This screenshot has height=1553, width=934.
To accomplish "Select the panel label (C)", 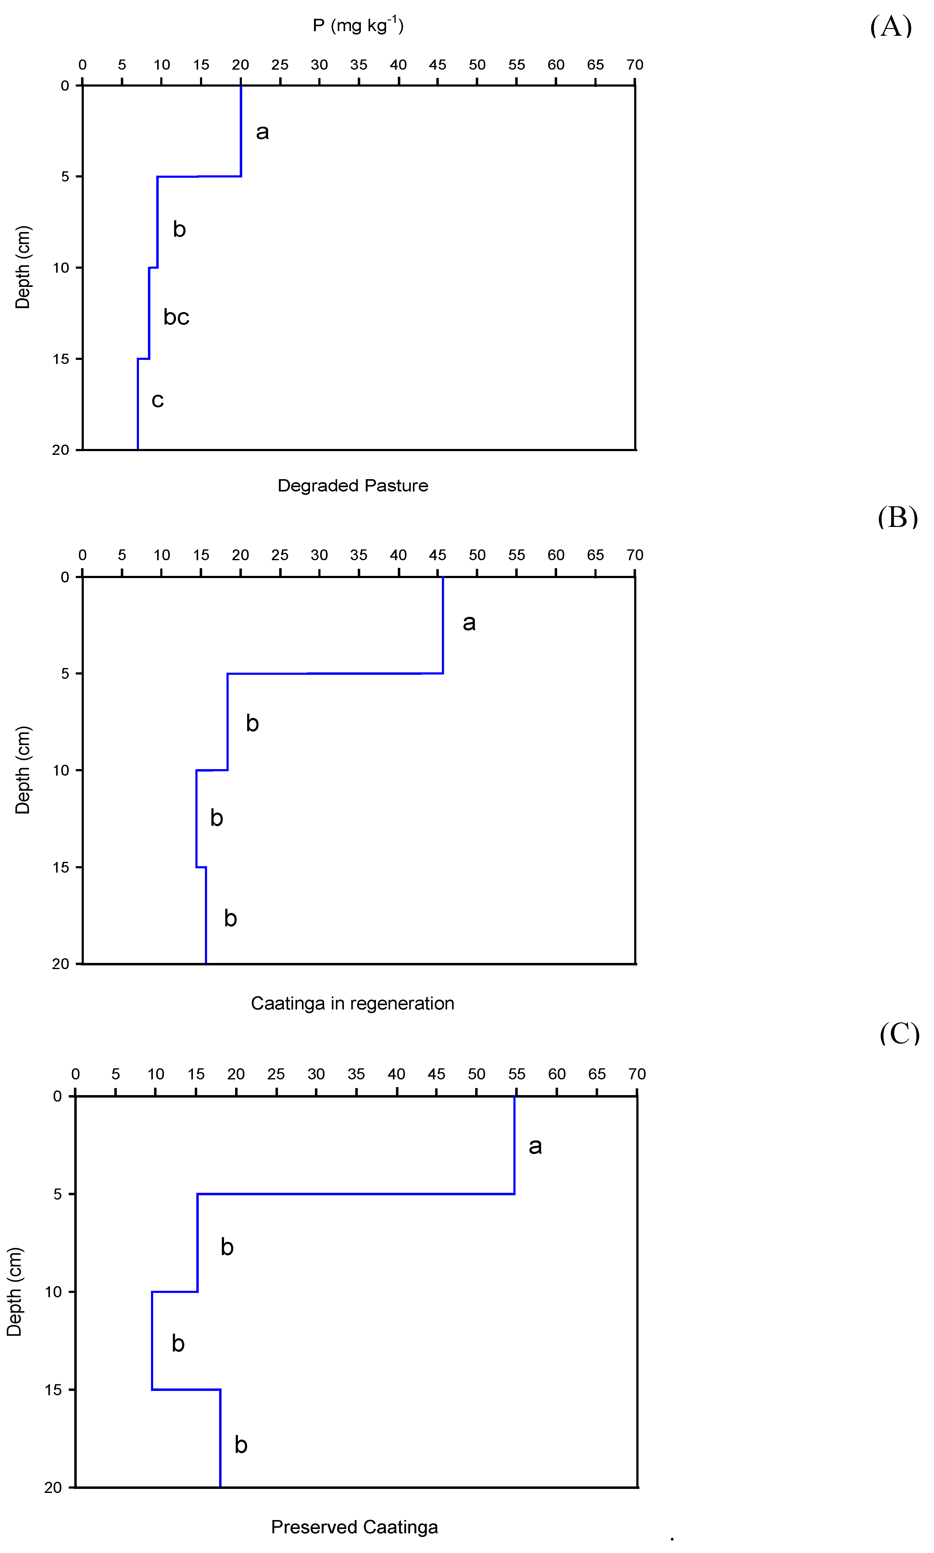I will tap(899, 1033).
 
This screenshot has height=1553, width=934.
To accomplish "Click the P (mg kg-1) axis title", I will tap(358, 25).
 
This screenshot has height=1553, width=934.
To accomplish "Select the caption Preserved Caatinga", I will tap(354, 1527).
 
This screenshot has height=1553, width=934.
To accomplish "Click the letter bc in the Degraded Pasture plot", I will tap(176, 316).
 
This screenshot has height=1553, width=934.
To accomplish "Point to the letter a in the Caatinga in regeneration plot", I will tap(469, 622).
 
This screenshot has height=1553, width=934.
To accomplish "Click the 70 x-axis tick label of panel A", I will tap(634, 65).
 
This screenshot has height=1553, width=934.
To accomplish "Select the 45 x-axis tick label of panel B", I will tap(438, 555).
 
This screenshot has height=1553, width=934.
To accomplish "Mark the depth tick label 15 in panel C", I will tap(54, 1389).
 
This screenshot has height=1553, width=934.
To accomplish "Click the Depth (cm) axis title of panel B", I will tap(23, 770).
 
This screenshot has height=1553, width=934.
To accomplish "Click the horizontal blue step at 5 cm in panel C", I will tap(356, 1194).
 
